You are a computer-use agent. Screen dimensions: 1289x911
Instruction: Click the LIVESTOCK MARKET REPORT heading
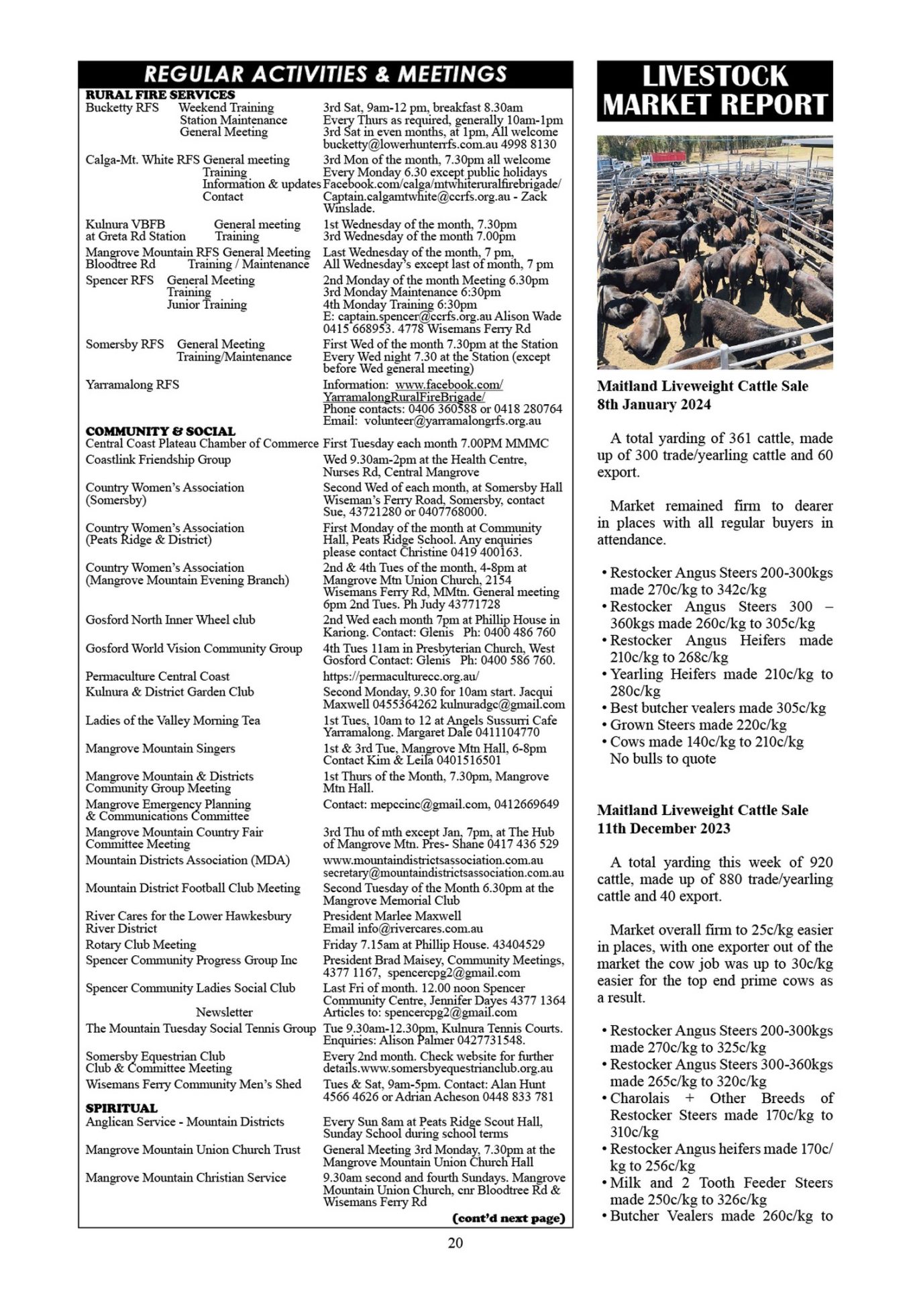pos(714,91)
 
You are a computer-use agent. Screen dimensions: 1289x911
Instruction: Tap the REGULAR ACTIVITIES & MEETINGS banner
pos(325,74)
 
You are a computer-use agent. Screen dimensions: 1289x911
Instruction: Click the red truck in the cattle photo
pos(663,158)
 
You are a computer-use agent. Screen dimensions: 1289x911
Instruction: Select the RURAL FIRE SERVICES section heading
pos(160,95)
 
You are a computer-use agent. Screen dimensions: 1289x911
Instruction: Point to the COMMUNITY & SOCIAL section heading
pos(160,431)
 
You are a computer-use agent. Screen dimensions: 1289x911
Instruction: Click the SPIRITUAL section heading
pos(121,1108)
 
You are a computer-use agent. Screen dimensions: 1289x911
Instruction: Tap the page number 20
pos(455,1243)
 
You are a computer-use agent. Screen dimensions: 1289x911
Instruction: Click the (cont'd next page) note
pos(509,1218)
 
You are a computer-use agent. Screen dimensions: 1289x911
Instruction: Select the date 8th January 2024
pos(654,404)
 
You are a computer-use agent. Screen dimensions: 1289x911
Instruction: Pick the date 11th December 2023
pos(663,828)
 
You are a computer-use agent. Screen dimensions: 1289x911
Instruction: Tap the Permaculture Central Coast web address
pos(400,676)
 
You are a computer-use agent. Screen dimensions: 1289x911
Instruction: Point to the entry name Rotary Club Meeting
pos(141,945)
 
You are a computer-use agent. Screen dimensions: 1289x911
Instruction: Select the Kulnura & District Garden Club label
pos(170,691)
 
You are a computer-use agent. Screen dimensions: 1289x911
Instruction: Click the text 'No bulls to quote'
pos(663,759)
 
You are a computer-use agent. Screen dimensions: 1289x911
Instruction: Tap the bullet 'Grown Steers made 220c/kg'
pos(698,724)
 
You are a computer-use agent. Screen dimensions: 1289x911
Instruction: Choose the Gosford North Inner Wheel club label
pos(170,620)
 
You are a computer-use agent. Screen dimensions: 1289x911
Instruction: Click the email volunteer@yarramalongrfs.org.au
pos(452,421)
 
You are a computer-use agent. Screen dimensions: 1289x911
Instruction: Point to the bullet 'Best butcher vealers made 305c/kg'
pos(717,708)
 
